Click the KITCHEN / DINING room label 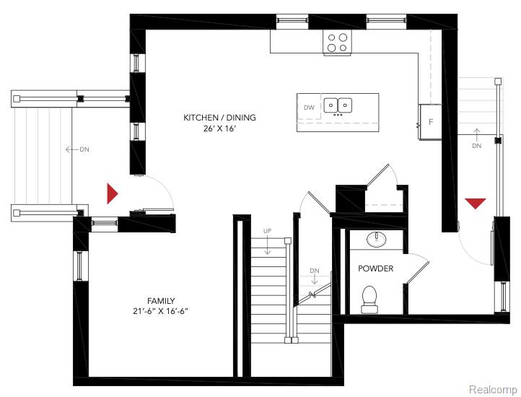219,118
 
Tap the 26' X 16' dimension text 219,128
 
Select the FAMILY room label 160,300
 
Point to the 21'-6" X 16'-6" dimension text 161,311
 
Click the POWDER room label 376,269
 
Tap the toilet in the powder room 370,299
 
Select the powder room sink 376,239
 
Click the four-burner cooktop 336,43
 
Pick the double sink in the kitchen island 338,106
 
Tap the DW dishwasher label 309,108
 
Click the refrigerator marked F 431,121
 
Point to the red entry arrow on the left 112,193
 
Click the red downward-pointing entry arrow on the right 475,204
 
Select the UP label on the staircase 267,231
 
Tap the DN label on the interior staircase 314,271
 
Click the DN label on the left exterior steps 84,149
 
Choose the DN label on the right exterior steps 476,146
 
